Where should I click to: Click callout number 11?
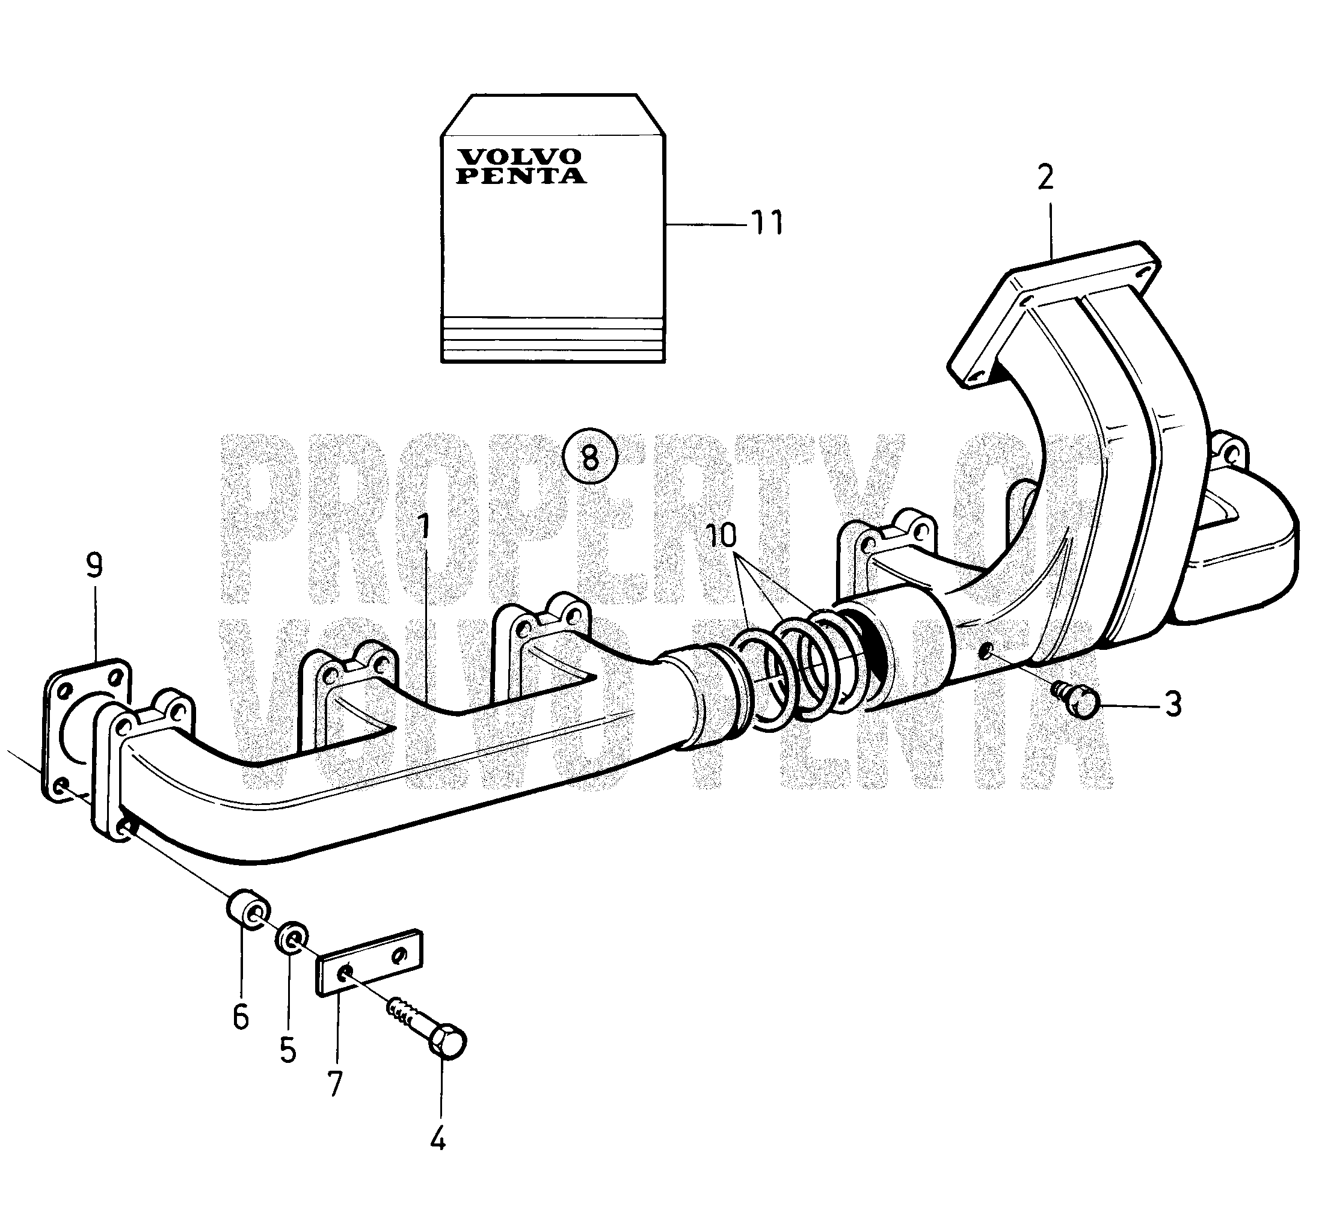click(x=766, y=223)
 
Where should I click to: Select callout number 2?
click(x=1045, y=178)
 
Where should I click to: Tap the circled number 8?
click(x=589, y=456)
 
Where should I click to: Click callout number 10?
click(x=720, y=536)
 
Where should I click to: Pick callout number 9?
click(x=95, y=566)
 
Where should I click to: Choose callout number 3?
click(x=1173, y=704)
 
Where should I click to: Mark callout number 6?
click(x=241, y=1015)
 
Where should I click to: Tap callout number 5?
click(x=287, y=1050)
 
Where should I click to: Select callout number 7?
click(x=335, y=1085)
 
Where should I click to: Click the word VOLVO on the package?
click(x=520, y=156)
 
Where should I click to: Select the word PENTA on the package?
click(x=521, y=176)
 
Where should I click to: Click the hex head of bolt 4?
click(x=449, y=1043)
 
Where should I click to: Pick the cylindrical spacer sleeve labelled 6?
click(x=247, y=910)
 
